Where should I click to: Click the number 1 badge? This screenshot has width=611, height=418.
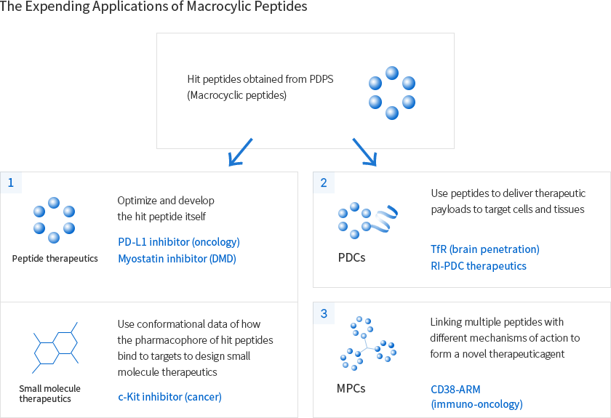pyautogui.click(x=11, y=182)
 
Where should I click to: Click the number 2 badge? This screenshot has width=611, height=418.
pyautogui.click(x=324, y=182)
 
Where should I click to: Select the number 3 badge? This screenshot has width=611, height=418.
pyautogui.click(x=324, y=313)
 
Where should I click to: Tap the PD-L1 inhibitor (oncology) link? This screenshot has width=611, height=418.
pyautogui.click(x=178, y=242)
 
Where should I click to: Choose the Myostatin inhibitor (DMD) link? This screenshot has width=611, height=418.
pyautogui.click(x=177, y=258)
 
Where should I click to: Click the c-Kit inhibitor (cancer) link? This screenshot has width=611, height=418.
pyautogui.click(x=169, y=396)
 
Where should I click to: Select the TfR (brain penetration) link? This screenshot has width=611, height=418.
pyautogui.click(x=484, y=249)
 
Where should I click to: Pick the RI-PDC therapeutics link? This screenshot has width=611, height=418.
pyautogui.click(x=478, y=266)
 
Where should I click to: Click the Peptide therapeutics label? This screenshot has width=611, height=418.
pyautogui.click(x=55, y=259)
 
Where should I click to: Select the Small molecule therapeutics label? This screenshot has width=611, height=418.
pyautogui.click(x=49, y=393)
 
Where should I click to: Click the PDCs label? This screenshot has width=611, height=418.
pyautogui.click(x=351, y=258)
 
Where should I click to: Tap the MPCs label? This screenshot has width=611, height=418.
pyautogui.click(x=352, y=388)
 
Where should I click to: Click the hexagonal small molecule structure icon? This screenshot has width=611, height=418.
pyautogui.click(x=55, y=347)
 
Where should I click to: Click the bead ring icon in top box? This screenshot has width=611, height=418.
pyautogui.click(x=391, y=92)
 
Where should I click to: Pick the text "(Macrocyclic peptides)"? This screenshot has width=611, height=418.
pyautogui.click(x=236, y=95)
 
